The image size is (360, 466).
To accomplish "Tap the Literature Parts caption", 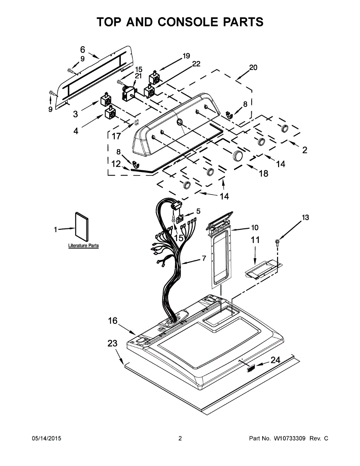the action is pos(83,245).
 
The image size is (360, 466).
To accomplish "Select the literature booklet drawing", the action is pos(82,227).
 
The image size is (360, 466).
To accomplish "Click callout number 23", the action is pos(113,343).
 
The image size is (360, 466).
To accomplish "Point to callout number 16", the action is pos(113,321).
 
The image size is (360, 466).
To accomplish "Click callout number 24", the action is pos(275,360).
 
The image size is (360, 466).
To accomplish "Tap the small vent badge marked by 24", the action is pos(250,369).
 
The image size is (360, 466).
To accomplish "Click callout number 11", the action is pos(255,240).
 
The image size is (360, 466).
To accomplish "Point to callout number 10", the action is pos(255,227).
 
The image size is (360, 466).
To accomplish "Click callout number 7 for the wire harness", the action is pos(204,258).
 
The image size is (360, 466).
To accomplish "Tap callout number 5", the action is pos(198,211).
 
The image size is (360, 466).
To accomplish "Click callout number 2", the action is pos(305,150).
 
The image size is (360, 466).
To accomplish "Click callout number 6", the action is pos(83,50).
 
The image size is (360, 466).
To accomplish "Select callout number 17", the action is pos(117,136).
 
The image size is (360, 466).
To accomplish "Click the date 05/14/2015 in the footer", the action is pos(47,438).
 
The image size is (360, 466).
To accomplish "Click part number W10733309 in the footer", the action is pos(289,438).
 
